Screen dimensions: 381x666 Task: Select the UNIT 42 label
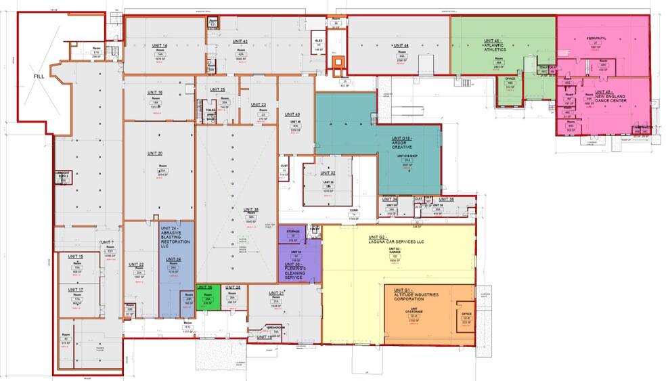240,42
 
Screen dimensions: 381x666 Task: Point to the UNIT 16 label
155,92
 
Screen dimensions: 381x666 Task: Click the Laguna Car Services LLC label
396,240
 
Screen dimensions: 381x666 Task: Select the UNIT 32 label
328,173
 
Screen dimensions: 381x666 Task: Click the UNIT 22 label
136,264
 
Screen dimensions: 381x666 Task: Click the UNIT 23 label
259,105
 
